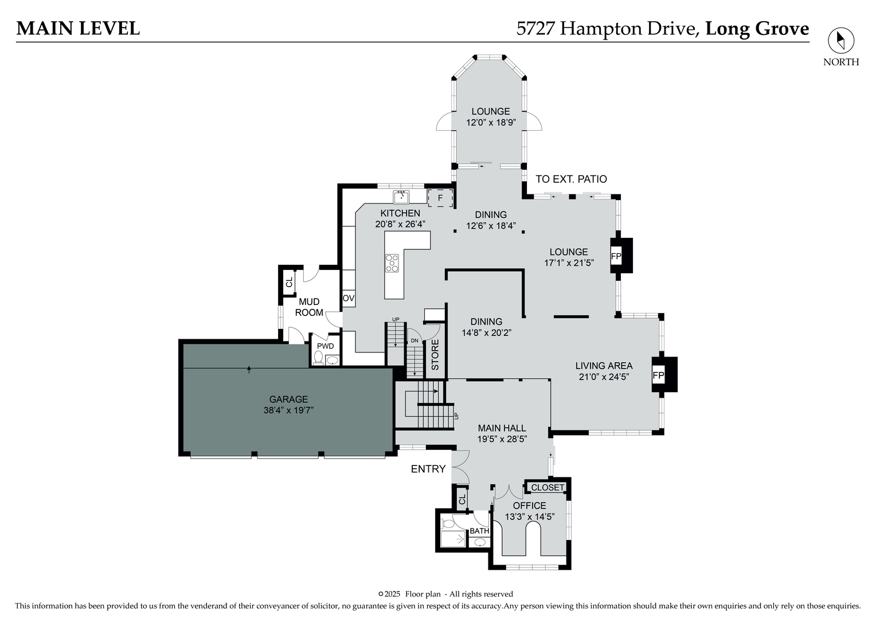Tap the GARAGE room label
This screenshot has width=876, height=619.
[x=288, y=399]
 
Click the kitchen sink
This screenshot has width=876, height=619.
[x=401, y=197]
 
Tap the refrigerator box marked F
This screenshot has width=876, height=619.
[x=440, y=198]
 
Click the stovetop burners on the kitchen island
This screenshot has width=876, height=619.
[x=392, y=263]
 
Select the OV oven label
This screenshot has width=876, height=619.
[x=349, y=299]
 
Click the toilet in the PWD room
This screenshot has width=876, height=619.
[x=319, y=358]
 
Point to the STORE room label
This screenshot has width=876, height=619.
[x=435, y=355]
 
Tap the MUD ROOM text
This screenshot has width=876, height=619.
[x=309, y=307]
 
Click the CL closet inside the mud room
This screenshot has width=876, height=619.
[x=289, y=282]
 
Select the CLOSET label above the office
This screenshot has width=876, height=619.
[x=547, y=487]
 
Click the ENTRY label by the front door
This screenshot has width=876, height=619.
[x=428, y=469]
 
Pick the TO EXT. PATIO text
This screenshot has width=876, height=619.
[x=571, y=179]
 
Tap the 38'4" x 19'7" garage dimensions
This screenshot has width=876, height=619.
[x=288, y=410]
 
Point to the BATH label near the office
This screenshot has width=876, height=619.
[x=479, y=531]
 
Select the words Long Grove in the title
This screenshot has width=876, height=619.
[x=757, y=29]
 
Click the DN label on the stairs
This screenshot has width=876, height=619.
[x=414, y=340]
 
